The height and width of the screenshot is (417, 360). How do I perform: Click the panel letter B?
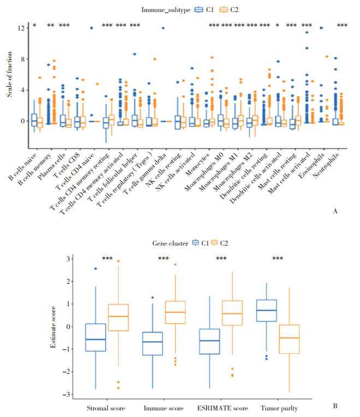(x=335, y=406)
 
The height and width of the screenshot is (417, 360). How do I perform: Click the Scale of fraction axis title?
(x=9, y=80)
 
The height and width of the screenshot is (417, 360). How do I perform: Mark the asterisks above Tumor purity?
(x=277, y=259)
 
